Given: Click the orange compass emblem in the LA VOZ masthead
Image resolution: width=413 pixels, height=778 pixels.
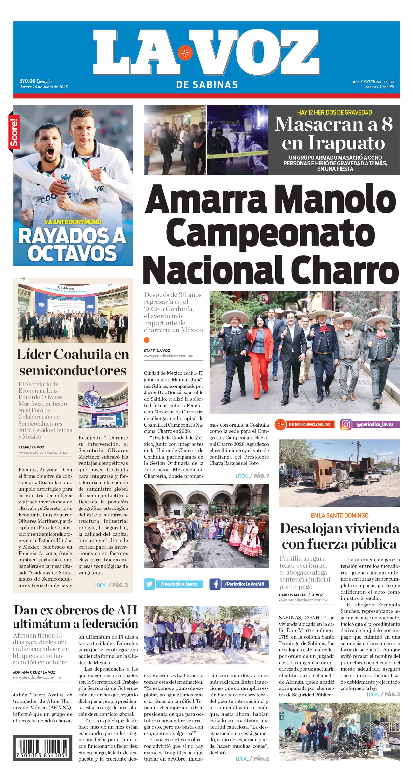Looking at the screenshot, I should click(x=185, y=53).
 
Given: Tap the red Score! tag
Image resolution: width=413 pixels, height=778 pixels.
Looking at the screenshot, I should click(x=14, y=132).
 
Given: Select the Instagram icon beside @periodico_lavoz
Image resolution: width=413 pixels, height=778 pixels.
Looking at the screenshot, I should click(x=345, y=424).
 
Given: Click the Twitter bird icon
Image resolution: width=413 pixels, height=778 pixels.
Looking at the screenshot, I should click(x=149, y=584).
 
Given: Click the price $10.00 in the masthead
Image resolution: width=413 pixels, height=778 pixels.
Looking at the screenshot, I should click(x=27, y=81).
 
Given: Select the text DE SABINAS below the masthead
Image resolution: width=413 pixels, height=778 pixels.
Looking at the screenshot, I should click(x=207, y=85).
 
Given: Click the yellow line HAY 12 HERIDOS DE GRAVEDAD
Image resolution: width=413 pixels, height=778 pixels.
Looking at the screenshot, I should click(x=334, y=112).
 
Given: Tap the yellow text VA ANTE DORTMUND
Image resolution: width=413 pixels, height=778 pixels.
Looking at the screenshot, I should click(x=73, y=222).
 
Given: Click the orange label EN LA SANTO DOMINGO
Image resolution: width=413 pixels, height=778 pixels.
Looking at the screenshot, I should click(x=340, y=516).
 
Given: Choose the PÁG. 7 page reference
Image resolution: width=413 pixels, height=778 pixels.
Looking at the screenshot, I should click(x=261, y=476).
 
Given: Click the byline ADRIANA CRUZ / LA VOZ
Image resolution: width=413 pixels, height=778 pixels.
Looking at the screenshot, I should click(x=34, y=672).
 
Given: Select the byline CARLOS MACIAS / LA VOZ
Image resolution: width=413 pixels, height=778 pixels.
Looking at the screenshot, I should click(x=301, y=595).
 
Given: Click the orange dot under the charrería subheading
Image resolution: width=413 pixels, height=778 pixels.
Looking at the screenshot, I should click(x=147, y=340).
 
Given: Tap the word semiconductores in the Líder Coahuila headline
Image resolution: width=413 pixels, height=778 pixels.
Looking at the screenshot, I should click(x=73, y=370).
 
